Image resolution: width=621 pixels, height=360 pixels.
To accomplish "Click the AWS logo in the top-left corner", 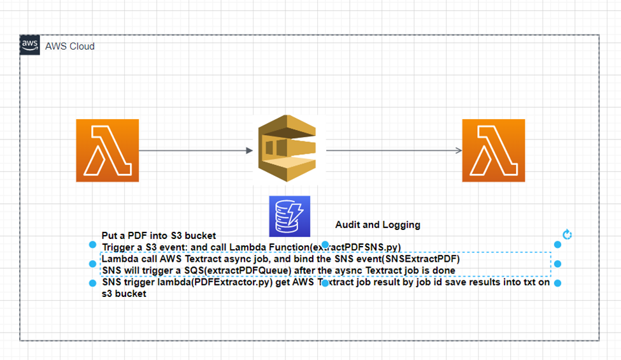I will click(x=30, y=45).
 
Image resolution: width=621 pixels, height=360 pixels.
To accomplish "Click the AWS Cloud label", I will click(x=69, y=47).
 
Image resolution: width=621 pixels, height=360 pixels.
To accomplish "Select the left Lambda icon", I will click(x=106, y=150).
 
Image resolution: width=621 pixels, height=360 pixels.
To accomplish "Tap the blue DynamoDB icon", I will click(x=289, y=217).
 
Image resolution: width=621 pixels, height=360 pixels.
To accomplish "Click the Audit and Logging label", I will click(x=378, y=225).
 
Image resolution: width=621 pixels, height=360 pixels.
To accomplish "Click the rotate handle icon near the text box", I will click(x=567, y=234).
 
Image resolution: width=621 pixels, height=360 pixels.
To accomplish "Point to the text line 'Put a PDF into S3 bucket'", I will click(x=159, y=236).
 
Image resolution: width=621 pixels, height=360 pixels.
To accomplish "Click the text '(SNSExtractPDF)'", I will click(x=424, y=259).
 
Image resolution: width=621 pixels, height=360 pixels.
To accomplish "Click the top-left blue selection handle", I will click(x=93, y=245).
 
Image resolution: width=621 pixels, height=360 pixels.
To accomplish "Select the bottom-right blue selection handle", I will click(x=557, y=283).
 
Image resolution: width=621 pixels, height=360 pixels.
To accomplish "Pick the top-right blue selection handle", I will click(x=557, y=245).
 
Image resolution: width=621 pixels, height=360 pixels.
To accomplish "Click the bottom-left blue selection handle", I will click(x=93, y=283).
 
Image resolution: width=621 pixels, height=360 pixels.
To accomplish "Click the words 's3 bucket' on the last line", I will click(x=124, y=294).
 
